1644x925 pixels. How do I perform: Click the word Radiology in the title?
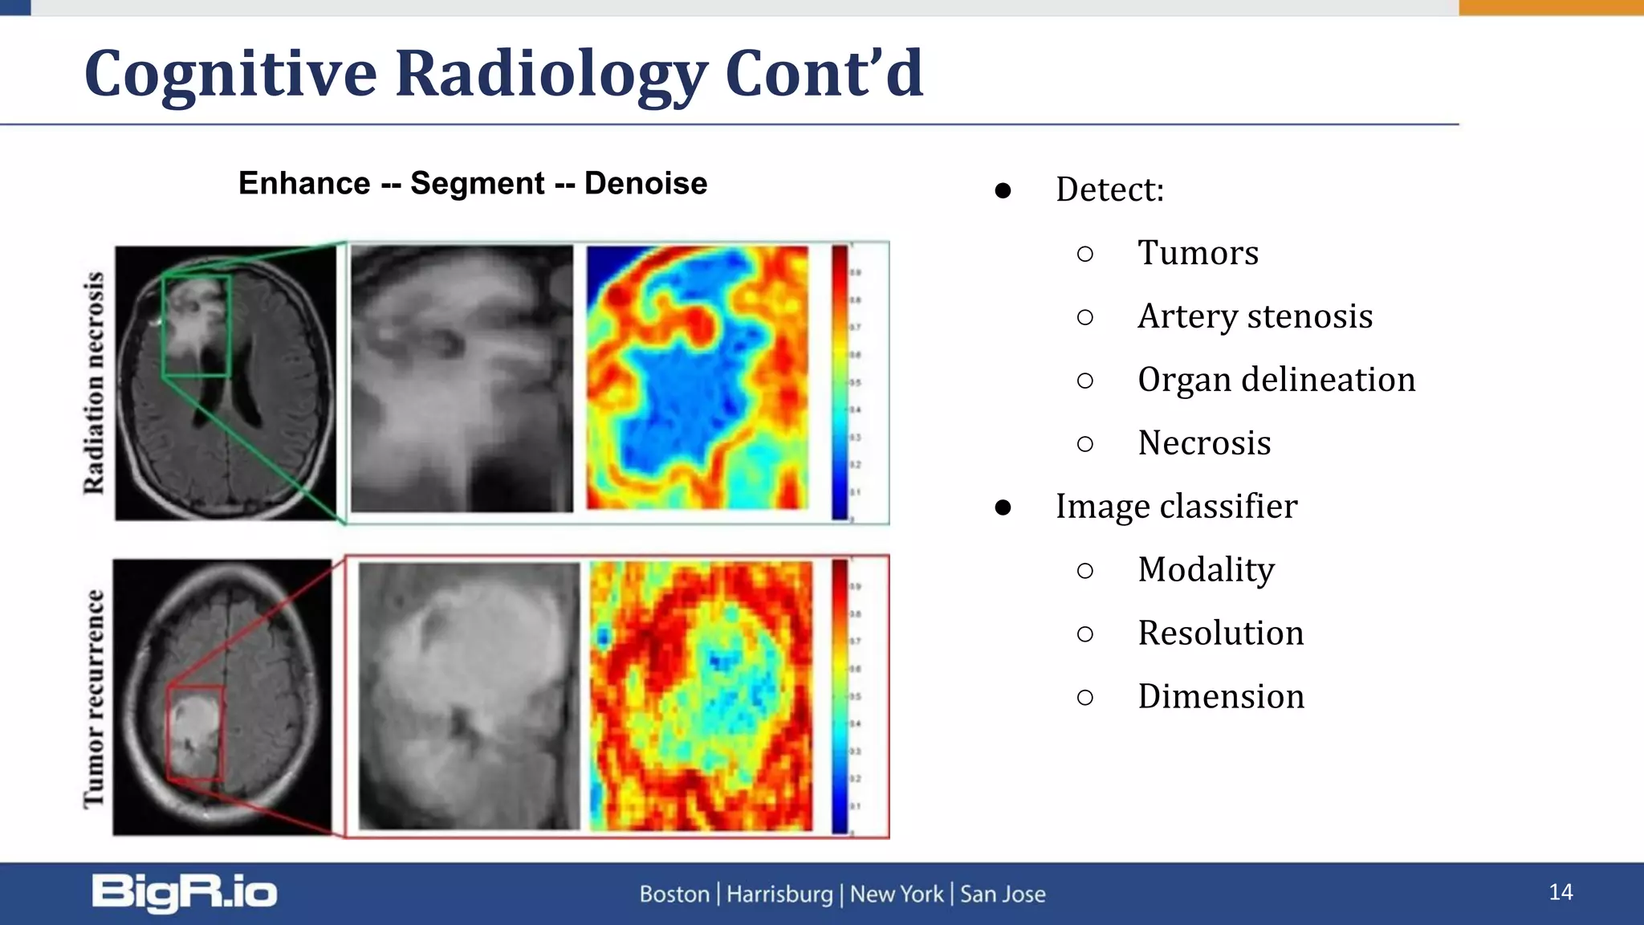(x=550, y=74)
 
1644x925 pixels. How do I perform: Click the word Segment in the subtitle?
(x=477, y=184)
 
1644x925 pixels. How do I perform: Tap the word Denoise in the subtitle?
(x=645, y=184)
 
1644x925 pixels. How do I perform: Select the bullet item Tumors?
(x=1198, y=253)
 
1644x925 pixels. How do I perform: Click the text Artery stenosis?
(x=1255, y=316)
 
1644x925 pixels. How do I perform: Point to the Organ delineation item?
(x=1276, y=380)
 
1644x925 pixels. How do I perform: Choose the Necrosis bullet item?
(x=1204, y=443)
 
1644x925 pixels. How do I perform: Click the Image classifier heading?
(x=1176, y=507)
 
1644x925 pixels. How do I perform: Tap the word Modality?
(x=1206, y=570)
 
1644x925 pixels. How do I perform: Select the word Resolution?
(x=1220, y=634)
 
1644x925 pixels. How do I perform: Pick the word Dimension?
(x=1220, y=697)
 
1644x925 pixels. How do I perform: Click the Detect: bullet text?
(x=1109, y=190)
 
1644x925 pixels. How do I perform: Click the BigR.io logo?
(x=185, y=893)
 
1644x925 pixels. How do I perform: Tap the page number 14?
(x=1561, y=892)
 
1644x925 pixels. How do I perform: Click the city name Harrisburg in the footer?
(x=779, y=894)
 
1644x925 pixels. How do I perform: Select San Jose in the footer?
(x=1003, y=894)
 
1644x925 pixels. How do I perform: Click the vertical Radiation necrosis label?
(x=94, y=382)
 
